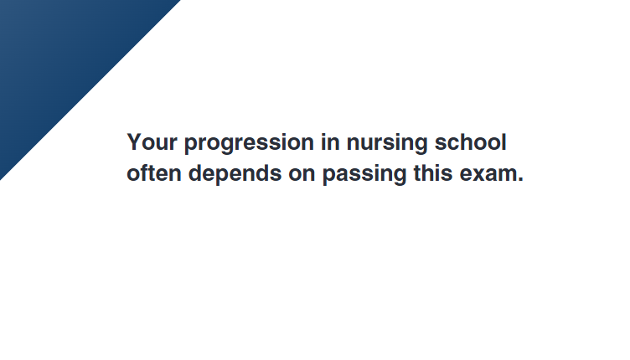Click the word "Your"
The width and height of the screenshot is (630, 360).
click(152, 142)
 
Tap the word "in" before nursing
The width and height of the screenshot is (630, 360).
click(330, 142)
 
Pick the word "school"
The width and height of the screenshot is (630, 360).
click(471, 142)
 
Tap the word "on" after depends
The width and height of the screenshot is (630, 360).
click(302, 175)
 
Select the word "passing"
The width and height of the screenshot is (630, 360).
click(364, 175)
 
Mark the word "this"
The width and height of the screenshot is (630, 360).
click(433, 173)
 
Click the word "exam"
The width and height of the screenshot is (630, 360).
click(488, 175)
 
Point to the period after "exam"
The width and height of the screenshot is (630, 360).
click(520, 180)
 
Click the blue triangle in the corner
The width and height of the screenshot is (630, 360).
click(60, 60)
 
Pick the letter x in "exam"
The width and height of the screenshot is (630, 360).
click(479, 175)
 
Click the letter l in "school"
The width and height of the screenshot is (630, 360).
click(504, 142)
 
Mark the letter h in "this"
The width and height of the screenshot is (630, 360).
click(428, 173)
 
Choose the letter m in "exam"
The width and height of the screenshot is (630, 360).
click(508, 175)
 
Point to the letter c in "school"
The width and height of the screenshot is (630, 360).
click(454, 145)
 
